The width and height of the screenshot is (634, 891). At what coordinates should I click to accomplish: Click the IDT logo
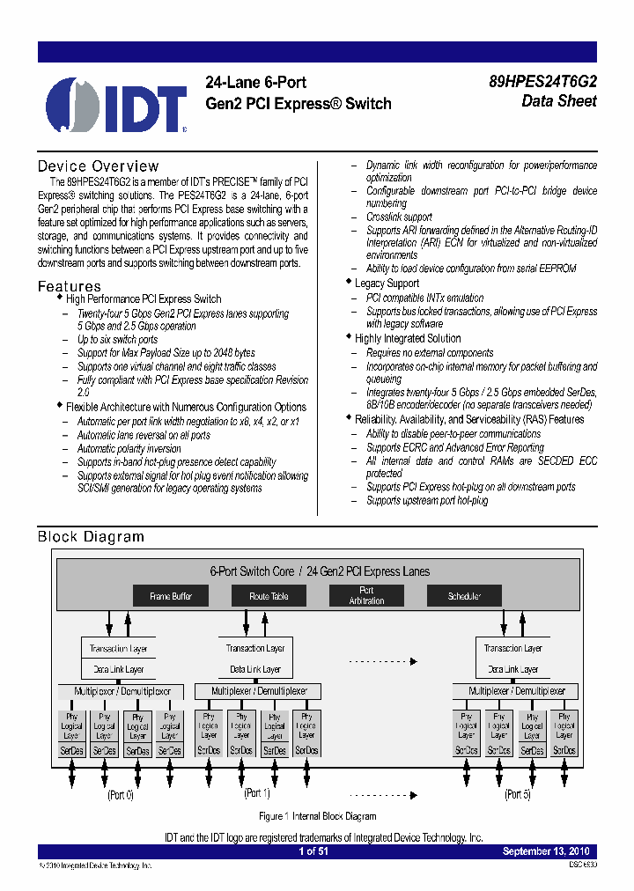point(116,105)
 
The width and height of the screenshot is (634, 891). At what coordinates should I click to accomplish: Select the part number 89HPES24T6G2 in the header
point(542,82)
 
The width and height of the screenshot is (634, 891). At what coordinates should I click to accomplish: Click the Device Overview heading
point(98,166)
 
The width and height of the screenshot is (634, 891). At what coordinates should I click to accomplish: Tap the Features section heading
point(69,286)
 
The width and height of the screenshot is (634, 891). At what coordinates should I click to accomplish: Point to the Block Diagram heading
point(91,536)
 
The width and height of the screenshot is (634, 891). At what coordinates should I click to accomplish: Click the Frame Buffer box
point(171,596)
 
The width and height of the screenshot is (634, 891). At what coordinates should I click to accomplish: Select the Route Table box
point(269,596)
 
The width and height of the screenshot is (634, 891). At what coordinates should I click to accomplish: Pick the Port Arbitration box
point(366,596)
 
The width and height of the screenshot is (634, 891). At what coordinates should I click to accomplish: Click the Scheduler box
point(464,596)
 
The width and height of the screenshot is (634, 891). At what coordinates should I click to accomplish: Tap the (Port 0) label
point(121,795)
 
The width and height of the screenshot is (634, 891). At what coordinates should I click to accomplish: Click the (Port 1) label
point(256,793)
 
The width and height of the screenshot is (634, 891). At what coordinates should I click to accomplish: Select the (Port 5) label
point(517,795)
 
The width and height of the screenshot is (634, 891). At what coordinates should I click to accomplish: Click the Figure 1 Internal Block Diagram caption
point(317,816)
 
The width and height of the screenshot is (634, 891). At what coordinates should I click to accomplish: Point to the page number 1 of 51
point(313,851)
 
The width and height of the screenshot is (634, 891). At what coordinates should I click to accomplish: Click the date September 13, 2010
point(546,851)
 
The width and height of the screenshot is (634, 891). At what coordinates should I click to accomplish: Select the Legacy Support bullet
point(387,283)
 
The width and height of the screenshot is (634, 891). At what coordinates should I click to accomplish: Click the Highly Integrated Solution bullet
point(407,338)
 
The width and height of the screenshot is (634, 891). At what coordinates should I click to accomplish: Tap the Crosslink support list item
point(399,217)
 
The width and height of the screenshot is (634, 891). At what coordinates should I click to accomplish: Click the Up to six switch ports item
point(117,340)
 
